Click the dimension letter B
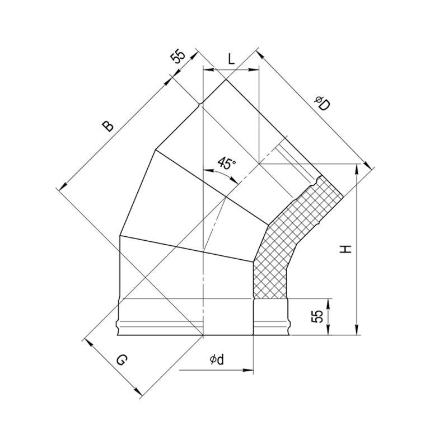[x=107, y=125]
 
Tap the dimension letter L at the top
[x=232, y=59]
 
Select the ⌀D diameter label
[x=322, y=104]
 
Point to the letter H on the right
[x=345, y=249]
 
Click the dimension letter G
[x=121, y=360]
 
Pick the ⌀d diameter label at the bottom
[x=217, y=360]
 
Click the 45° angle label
[x=227, y=163]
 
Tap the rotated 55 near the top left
[x=177, y=57]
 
